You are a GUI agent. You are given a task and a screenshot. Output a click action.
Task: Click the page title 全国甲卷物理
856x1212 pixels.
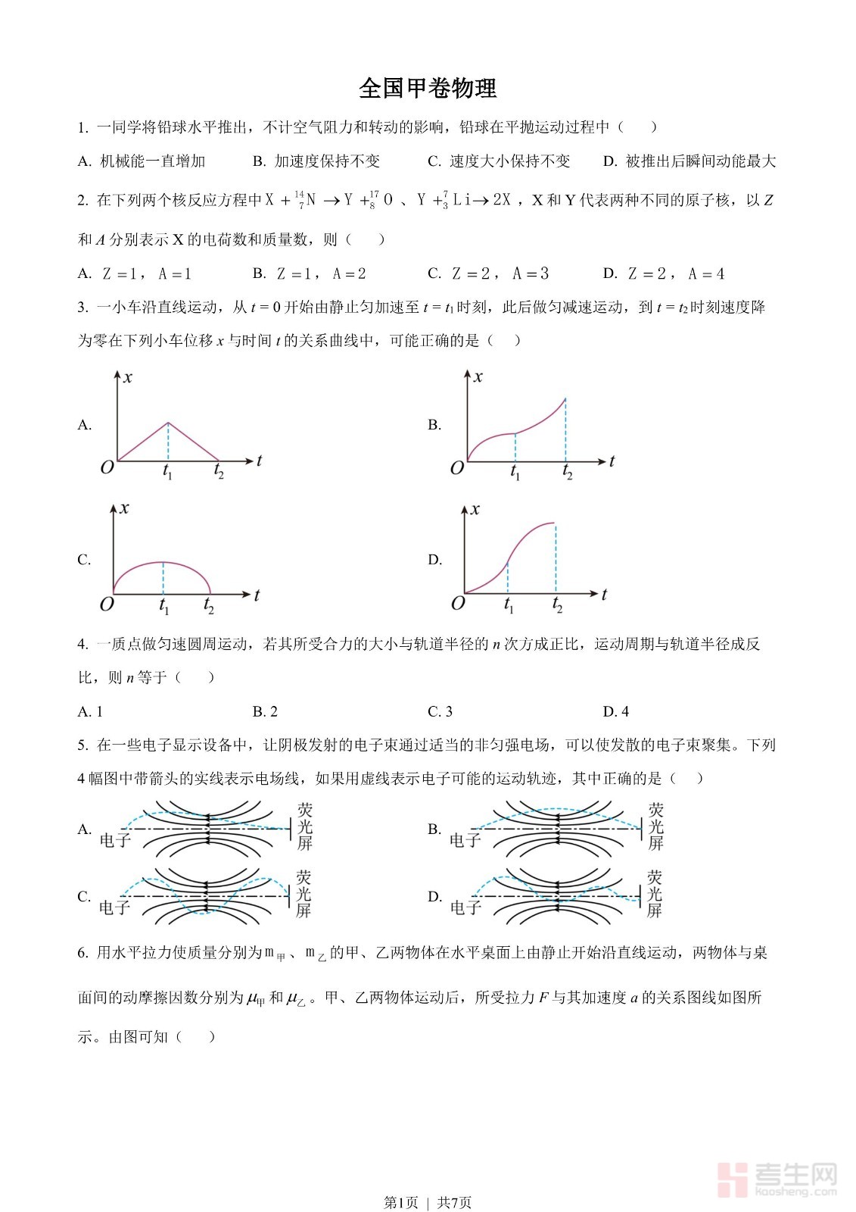[x=428, y=89]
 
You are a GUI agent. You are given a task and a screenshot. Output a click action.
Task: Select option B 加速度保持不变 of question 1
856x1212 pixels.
[x=316, y=161]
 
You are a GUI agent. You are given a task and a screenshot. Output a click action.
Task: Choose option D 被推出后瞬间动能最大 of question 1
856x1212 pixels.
[x=689, y=161]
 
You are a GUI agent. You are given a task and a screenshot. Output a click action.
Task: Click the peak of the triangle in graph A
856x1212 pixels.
[x=168, y=423]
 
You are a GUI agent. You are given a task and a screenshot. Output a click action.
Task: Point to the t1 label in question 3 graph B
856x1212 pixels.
[x=515, y=473]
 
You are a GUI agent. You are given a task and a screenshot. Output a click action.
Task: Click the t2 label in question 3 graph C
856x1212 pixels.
[x=209, y=607]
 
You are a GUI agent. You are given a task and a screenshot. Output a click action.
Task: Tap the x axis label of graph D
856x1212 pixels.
[x=475, y=510]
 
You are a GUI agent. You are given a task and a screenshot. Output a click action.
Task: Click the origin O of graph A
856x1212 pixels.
[x=107, y=467]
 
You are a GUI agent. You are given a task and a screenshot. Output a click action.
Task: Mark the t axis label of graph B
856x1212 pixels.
[x=612, y=461]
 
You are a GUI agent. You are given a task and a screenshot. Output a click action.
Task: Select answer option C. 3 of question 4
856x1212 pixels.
[x=440, y=711]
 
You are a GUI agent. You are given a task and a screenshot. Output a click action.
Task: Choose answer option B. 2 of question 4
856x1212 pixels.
[x=265, y=711]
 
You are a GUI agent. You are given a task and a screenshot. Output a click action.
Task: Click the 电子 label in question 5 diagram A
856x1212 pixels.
[x=115, y=840]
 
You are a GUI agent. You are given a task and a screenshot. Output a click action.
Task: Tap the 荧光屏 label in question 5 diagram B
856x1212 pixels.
[x=655, y=826]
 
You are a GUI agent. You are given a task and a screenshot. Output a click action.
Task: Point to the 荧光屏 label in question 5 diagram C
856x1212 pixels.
[x=303, y=894]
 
